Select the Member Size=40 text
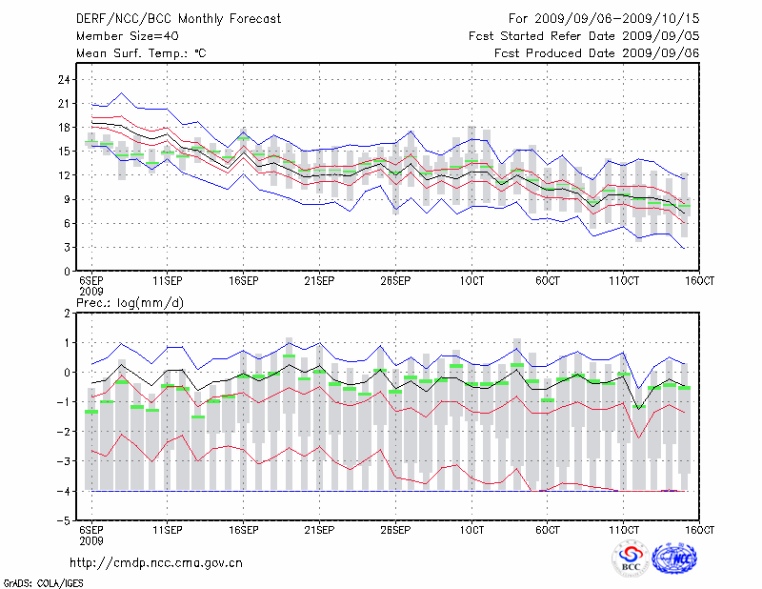120,36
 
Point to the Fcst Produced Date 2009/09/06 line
597,53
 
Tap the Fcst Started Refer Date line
585,36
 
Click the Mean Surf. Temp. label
141,53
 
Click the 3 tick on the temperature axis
66,247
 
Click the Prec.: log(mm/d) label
129,303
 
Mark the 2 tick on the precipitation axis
66,313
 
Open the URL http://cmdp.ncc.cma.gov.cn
158,562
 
